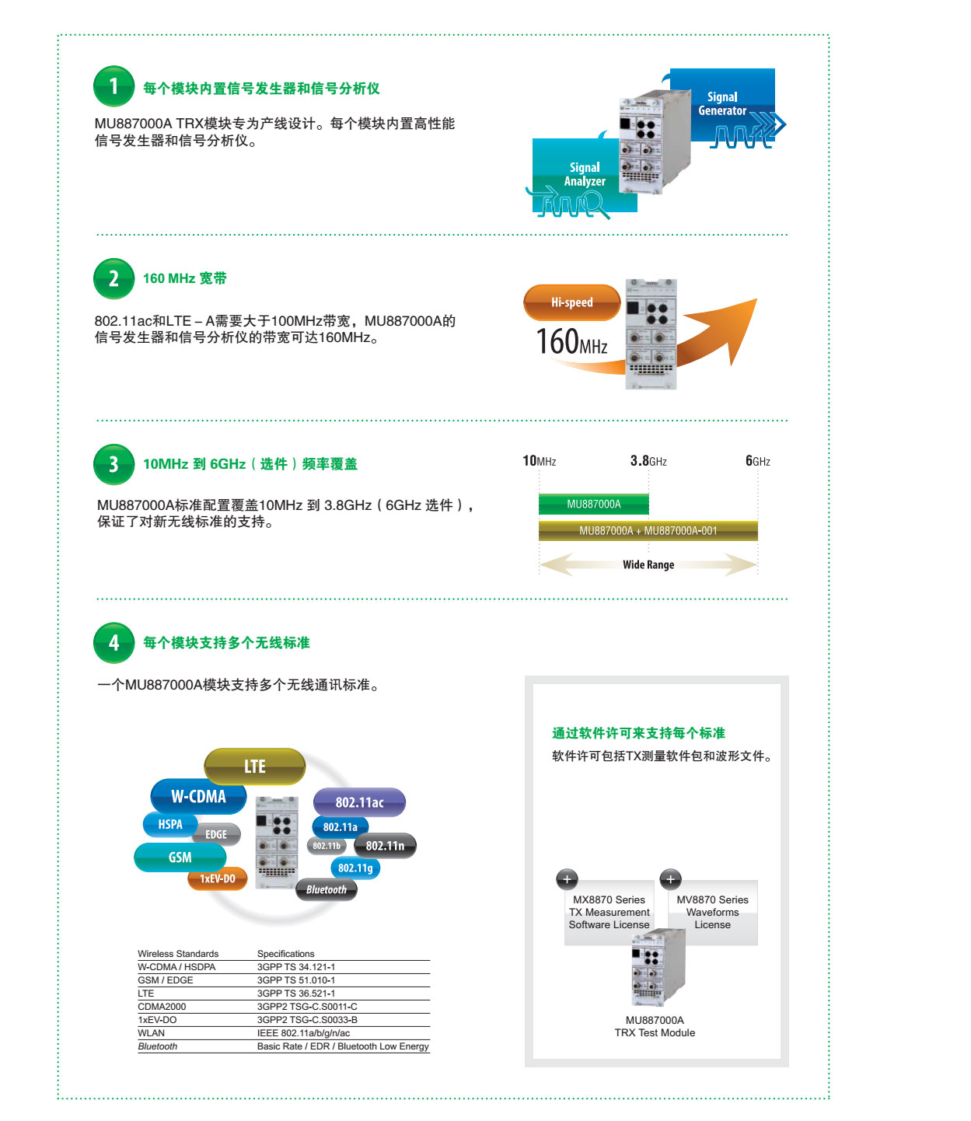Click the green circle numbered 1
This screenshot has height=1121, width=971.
tap(114, 86)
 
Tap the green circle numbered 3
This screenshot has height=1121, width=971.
tap(114, 463)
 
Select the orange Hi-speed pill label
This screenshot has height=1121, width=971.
tap(571, 302)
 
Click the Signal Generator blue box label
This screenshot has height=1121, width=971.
tap(722, 103)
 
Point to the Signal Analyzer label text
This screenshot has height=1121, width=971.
tap(584, 174)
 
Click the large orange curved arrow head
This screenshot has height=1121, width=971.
tap(732, 326)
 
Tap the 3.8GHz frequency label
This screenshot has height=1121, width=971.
tap(648, 461)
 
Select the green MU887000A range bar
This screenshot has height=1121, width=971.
tap(593, 504)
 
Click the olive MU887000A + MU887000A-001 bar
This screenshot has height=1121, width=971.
tap(648, 530)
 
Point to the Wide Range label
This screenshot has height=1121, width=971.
tap(648, 564)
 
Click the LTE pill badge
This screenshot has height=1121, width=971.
tap(254, 766)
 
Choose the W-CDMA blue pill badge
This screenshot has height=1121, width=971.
tap(198, 796)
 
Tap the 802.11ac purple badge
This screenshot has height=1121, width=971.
tap(359, 802)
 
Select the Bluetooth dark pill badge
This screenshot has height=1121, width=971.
tap(326, 889)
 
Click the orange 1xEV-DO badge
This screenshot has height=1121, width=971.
tap(217, 878)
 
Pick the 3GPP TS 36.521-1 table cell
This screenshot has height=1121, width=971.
tap(296, 993)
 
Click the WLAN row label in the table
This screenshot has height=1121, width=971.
tap(151, 1032)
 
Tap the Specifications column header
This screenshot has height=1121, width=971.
tap(285, 953)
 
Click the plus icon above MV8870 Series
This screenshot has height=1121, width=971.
tap(670, 879)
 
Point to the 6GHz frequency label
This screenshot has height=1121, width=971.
tap(757, 461)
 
